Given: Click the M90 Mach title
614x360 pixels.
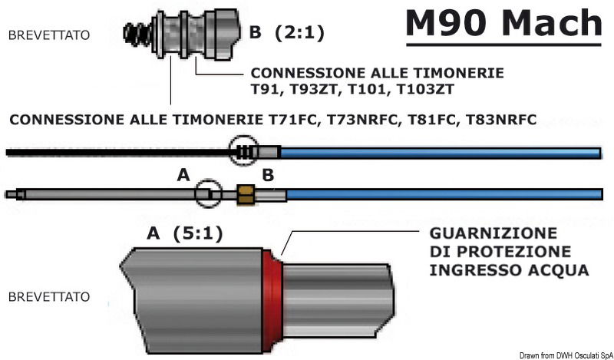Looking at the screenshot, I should [x=503, y=24].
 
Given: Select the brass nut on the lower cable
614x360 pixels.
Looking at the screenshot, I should [x=246, y=194].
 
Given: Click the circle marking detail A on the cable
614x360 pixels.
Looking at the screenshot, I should [x=207, y=193].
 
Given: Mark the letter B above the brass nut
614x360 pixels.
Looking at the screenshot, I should [x=268, y=176].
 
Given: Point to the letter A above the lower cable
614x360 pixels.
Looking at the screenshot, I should [x=183, y=176].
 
